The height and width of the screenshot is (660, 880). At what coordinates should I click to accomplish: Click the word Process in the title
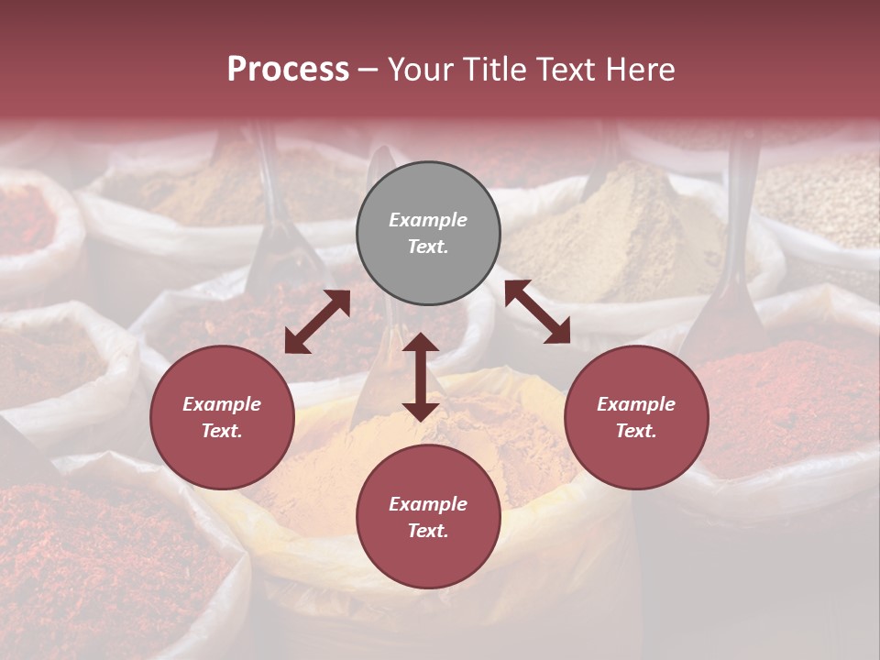pyautogui.click(x=288, y=70)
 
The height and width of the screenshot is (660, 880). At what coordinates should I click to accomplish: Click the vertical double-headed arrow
pyautogui.click(x=421, y=377)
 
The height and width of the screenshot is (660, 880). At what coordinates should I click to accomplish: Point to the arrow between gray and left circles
pyautogui.click(x=317, y=322)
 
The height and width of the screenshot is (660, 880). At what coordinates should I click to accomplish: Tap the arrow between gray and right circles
pyautogui.click(x=537, y=312)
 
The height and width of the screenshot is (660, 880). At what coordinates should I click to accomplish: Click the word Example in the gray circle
pyautogui.click(x=428, y=220)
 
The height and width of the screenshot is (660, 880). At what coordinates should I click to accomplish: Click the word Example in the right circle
pyautogui.click(x=636, y=404)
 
